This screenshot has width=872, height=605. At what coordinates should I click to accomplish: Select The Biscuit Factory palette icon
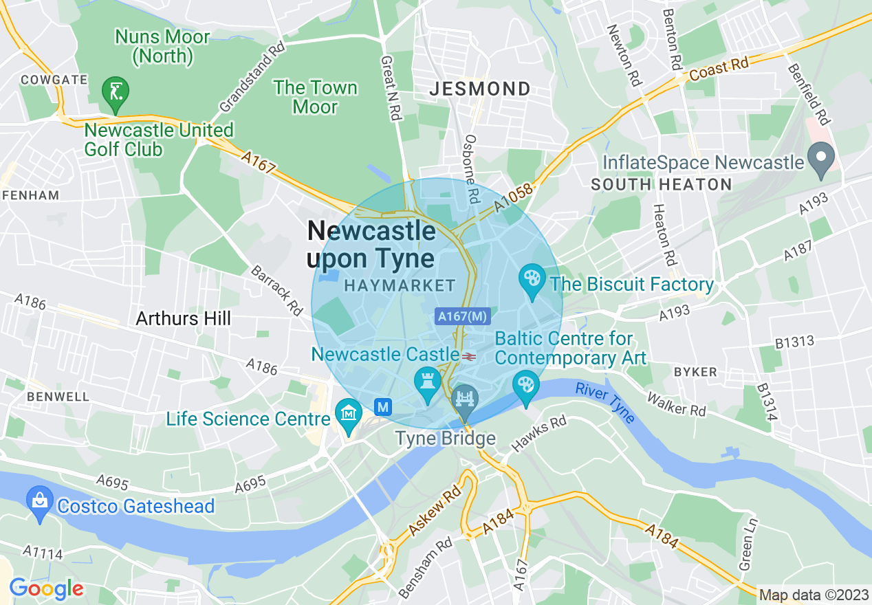(x=532, y=280)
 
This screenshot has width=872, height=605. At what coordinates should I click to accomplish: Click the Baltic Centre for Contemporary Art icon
(x=526, y=386)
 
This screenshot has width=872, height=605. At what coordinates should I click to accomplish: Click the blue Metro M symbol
(x=384, y=407)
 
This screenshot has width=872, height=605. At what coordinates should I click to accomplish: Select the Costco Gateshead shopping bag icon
(x=39, y=502)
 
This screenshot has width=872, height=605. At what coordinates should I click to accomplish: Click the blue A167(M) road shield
(x=462, y=316)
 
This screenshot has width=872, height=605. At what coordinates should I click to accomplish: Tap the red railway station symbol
(x=470, y=356)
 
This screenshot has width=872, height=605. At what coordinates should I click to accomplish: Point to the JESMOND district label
(x=480, y=89)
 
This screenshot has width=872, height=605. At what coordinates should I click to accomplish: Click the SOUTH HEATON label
(x=661, y=184)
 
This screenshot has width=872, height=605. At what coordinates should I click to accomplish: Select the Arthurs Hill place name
(x=183, y=318)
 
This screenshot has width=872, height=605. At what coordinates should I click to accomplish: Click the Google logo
(x=46, y=588)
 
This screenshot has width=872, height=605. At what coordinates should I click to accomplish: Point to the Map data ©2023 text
(x=813, y=595)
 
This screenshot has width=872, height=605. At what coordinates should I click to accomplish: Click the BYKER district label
(x=695, y=372)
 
